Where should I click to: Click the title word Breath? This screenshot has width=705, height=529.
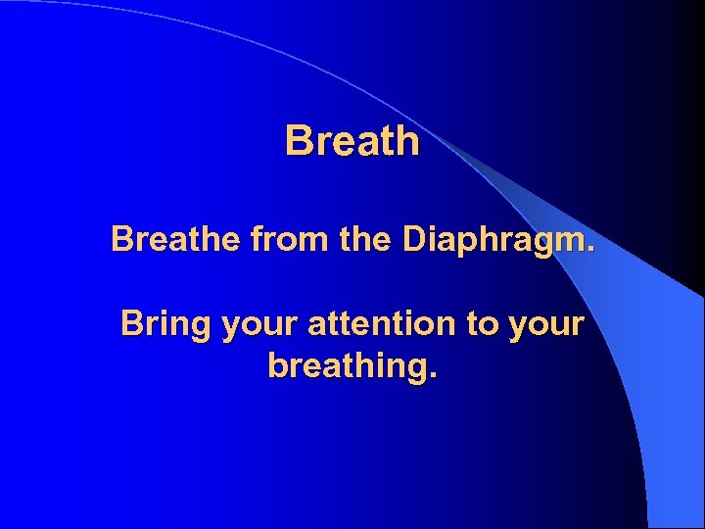(352, 141)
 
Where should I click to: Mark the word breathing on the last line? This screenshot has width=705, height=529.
(348, 367)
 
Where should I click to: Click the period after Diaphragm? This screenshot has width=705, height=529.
(589, 248)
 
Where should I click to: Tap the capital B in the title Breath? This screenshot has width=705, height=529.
(298, 141)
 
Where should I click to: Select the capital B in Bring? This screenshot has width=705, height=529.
(132, 324)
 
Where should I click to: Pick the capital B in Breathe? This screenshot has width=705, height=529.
(122, 239)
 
